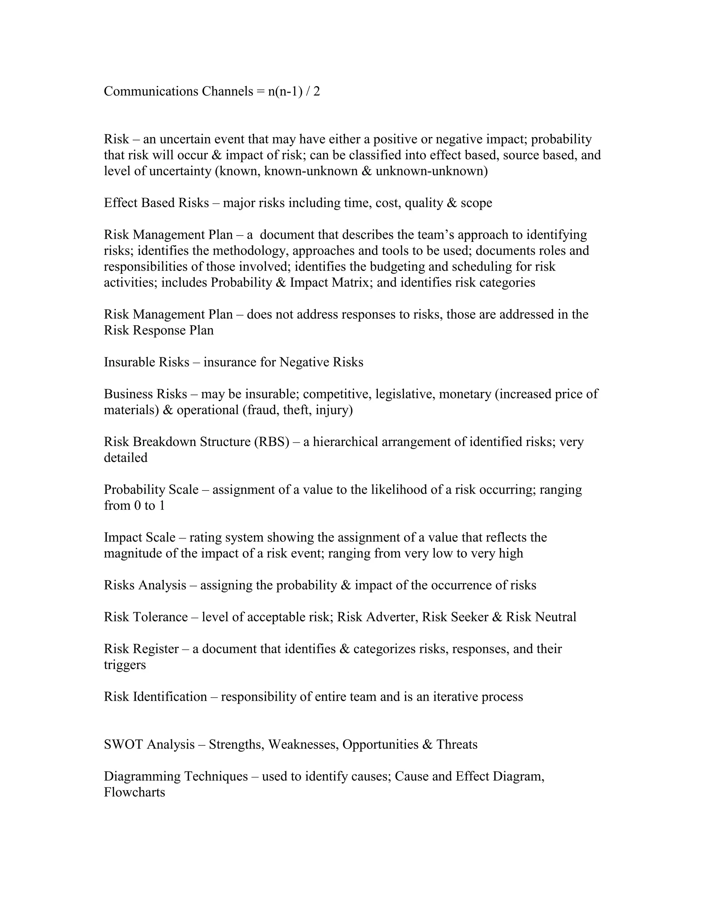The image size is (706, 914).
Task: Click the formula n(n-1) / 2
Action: [x=294, y=91]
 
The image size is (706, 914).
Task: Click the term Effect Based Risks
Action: [x=156, y=203]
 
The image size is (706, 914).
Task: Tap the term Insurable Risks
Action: [x=147, y=362]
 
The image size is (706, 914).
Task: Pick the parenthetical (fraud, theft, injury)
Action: [x=297, y=410]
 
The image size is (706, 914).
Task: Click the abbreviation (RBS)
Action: [x=271, y=441]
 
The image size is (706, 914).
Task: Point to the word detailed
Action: [x=125, y=457]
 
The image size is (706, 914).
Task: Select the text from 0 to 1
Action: [x=134, y=506]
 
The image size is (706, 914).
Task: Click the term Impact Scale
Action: [x=140, y=537]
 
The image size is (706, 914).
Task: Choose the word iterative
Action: [x=455, y=696]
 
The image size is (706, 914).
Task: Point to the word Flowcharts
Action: [x=134, y=792]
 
